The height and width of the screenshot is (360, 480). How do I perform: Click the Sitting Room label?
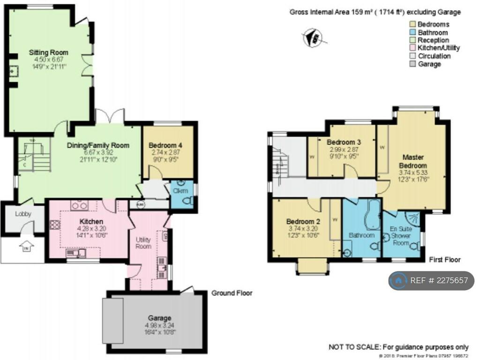point(48,52)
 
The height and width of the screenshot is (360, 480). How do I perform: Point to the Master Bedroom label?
point(412,162)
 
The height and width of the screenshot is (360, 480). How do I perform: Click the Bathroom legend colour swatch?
point(412,33)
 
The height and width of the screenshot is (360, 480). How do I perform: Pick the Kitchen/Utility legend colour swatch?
point(412,48)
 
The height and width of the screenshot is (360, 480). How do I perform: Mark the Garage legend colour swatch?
point(412,64)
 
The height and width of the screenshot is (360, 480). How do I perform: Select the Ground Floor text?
point(232,293)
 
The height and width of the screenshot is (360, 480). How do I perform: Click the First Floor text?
point(445,259)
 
